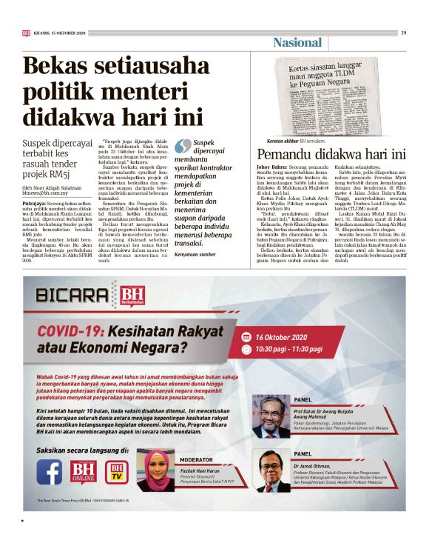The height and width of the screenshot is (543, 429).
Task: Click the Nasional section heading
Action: (x=297, y=43)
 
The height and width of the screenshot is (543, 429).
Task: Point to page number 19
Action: (x=404, y=32)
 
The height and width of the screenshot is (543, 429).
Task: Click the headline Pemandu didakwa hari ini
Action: (x=331, y=156)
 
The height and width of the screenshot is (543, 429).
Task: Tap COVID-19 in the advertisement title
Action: (x=69, y=330)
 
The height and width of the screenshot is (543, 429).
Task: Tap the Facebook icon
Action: (x=50, y=470)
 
